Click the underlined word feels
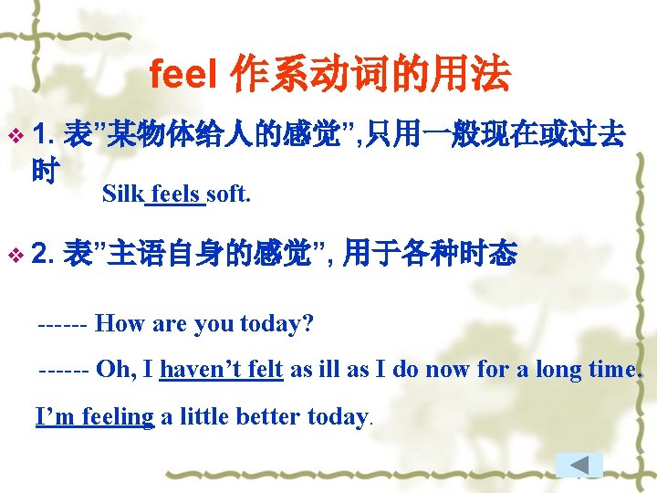click(x=176, y=194)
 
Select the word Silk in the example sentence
click(x=124, y=194)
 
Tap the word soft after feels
click(x=228, y=194)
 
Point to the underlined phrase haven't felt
click(x=221, y=370)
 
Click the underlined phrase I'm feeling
click(x=95, y=417)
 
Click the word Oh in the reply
click(x=113, y=370)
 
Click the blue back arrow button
click(x=579, y=465)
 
